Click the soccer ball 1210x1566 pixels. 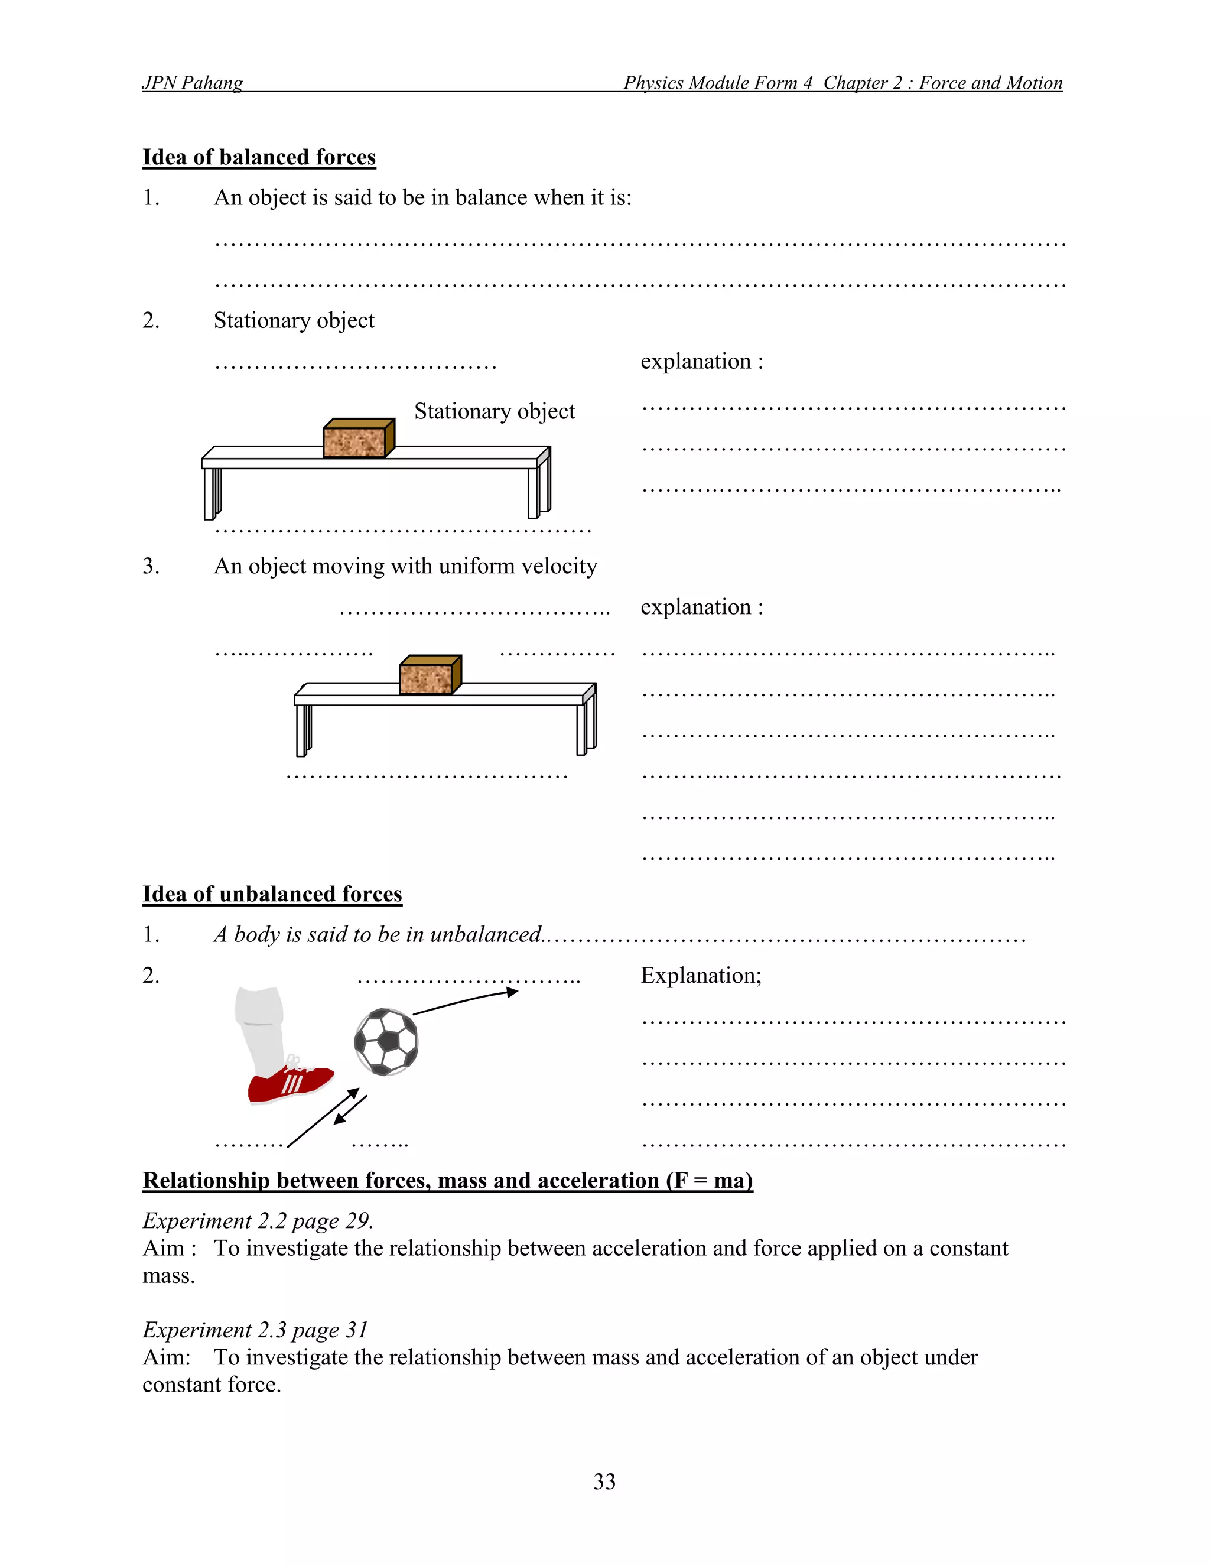click(x=386, y=1042)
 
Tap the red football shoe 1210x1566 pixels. click(x=289, y=1085)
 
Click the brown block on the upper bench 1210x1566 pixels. click(x=357, y=439)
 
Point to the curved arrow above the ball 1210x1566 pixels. click(x=466, y=1001)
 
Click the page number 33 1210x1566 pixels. click(x=604, y=1481)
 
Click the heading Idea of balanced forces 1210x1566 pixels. click(x=259, y=157)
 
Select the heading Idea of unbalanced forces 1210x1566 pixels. click(x=272, y=894)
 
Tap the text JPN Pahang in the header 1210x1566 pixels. click(x=192, y=83)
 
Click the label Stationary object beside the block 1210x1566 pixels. click(x=494, y=411)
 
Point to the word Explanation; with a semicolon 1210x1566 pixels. click(x=700, y=975)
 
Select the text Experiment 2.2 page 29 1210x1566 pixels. click(x=258, y=1220)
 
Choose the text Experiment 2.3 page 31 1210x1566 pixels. click(x=255, y=1330)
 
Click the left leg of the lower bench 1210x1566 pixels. click(x=302, y=730)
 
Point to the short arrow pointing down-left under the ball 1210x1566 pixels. click(x=350, y=1110)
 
